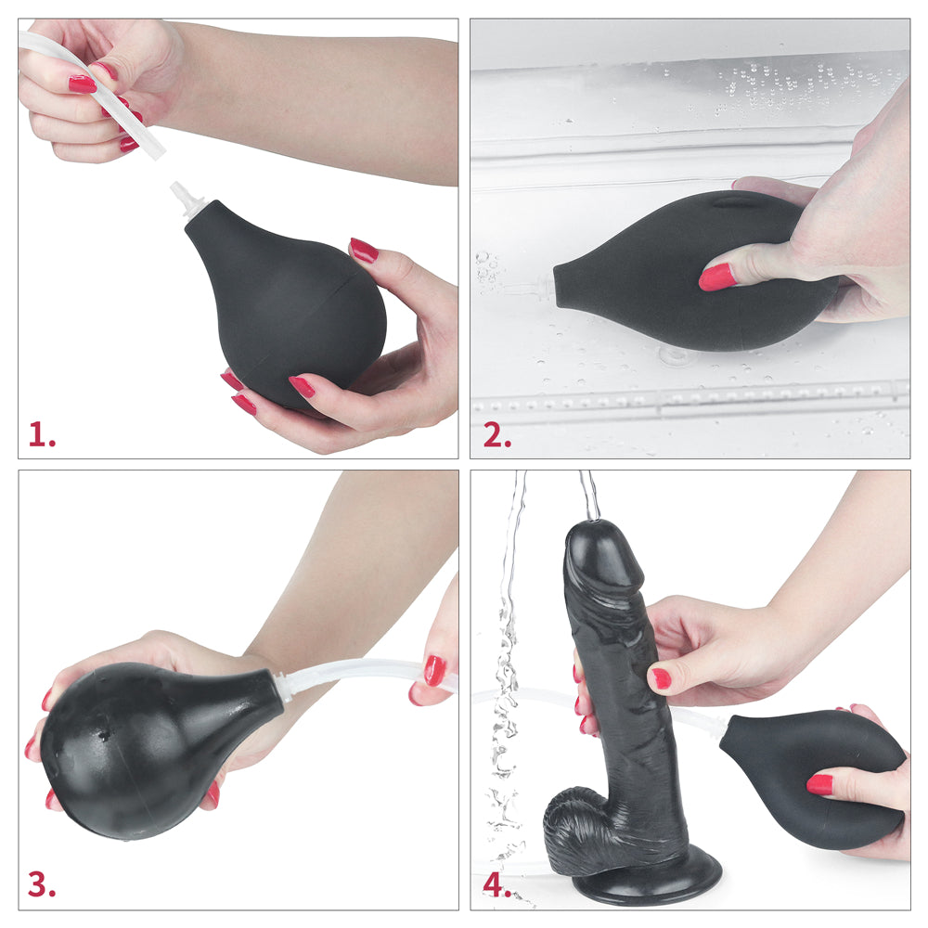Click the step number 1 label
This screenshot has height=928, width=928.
[41, 434]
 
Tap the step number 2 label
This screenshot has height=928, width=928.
[496, 434]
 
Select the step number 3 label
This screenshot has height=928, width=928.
[41, 884]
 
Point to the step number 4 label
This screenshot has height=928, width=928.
[496, 884]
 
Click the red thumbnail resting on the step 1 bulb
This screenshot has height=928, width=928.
[363, 250]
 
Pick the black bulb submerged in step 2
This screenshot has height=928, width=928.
[668, 274]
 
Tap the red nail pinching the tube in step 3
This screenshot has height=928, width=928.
[434, 669]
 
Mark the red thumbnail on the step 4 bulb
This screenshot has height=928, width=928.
[819, 784]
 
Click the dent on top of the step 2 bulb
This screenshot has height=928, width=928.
[738, 200]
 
